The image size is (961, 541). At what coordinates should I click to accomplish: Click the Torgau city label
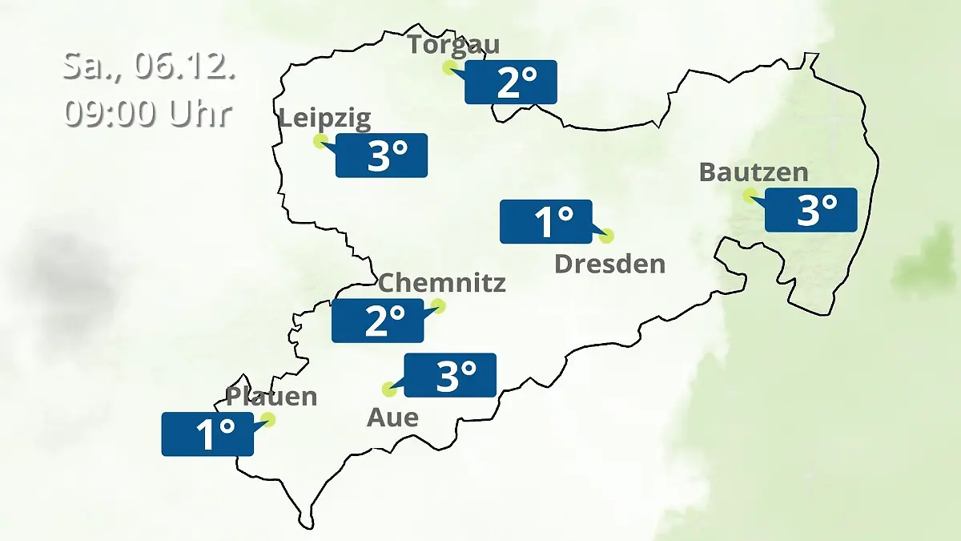452,44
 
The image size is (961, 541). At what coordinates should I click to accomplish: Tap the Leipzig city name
324,119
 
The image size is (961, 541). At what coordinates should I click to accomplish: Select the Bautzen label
753,172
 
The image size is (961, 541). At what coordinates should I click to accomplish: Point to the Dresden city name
609,264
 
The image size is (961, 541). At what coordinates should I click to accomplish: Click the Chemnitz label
441,282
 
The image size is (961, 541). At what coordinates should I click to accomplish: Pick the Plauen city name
271,396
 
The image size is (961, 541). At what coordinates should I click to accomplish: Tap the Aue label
392,417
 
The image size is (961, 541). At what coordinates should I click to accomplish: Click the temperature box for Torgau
511,82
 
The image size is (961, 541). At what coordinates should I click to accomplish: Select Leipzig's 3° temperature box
381,155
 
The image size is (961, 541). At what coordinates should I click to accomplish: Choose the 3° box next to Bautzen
810,210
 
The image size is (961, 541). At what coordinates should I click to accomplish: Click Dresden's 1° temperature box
546,221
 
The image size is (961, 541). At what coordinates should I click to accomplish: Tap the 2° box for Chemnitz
378,321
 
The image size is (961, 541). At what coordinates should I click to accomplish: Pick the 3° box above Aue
450,375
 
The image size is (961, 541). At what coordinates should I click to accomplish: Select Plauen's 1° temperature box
207,434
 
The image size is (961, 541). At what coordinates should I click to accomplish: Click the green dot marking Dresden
606,236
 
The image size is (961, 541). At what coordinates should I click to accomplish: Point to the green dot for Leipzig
320,141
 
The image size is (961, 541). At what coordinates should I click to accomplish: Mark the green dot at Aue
389,390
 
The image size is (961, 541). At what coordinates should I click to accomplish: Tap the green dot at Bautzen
750,195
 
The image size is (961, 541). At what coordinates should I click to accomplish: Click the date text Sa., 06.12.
149,66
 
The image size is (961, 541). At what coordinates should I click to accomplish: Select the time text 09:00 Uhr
149,113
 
